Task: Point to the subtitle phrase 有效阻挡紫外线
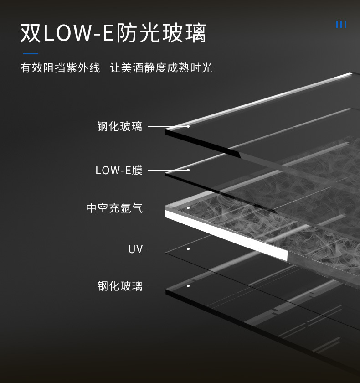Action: (60, 68)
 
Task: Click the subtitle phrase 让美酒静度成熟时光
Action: (161, 68)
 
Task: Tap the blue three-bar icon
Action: (341, 25)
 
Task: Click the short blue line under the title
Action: (30, 54)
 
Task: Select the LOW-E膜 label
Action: (119, 171)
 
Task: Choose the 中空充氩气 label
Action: (114, 208)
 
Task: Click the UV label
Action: (135, 249)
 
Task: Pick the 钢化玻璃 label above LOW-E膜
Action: (120, 126)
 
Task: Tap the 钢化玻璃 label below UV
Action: (120, 286)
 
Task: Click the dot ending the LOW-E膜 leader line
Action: (188, 170)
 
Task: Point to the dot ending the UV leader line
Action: (188, 249)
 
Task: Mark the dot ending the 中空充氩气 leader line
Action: (188, 208)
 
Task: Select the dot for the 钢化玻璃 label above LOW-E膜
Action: (188, 126)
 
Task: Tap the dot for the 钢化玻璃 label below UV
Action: (188, 286)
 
